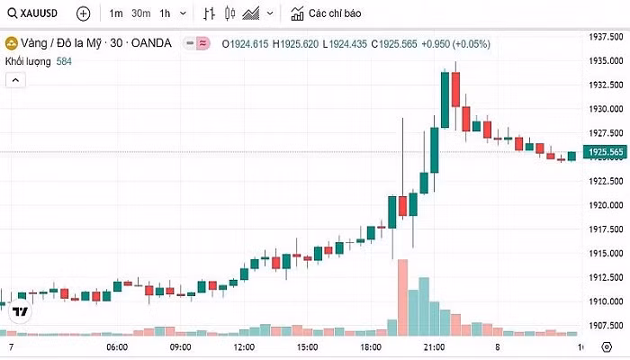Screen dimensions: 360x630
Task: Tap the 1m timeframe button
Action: (116, 13)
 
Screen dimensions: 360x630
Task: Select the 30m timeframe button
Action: (140, 13)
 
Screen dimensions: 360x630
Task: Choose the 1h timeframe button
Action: (164, 13)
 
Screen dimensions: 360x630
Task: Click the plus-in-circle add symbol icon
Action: (83, 13)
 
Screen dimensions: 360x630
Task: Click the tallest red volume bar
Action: (401, 297)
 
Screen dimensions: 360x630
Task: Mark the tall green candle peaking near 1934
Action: (445, 99)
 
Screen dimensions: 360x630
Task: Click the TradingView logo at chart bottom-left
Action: (20, 311)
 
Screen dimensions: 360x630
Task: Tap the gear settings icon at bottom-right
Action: (606, 347)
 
